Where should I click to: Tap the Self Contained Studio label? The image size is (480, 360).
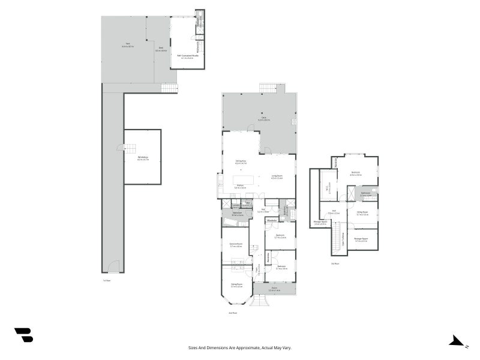(x=187, y=57)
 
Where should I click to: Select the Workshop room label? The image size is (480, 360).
(x=142, y=158)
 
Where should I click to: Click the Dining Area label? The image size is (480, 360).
(x=241, y=162)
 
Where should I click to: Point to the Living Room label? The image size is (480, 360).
(x=276, y=178)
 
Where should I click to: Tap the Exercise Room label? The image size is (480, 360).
(x=235, y=245)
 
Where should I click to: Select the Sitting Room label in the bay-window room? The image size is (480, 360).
(x=236, y=286)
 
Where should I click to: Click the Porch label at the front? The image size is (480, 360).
(x=274, y=289)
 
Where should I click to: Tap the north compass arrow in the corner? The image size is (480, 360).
(x=457, y=341)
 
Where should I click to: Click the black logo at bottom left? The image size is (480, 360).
(x=23, y=335)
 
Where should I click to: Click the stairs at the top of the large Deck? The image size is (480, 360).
(x=268, y=88)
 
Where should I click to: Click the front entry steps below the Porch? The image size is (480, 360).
(x=259, y=301)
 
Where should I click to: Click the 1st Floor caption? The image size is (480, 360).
(x=106, y=280)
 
